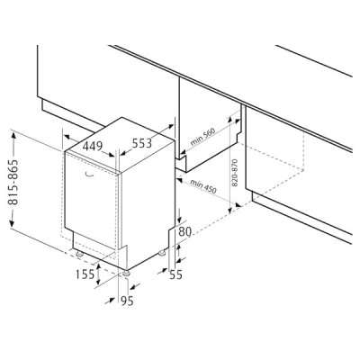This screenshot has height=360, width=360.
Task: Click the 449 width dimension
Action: point(93,147)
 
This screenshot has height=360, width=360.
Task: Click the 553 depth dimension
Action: point(142,144)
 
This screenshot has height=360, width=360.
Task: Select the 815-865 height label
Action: point(13,182)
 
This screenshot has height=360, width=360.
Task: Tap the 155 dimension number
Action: point(85,274)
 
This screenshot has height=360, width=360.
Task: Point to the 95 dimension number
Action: point(127,301)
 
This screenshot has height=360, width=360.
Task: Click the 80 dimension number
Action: point(185,231)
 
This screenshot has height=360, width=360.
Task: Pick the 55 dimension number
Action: point(175,274)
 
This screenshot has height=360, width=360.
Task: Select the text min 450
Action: point(202,186)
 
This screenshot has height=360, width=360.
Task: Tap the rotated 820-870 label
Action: point(235,173)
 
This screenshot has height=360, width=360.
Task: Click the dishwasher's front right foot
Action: point(126,274)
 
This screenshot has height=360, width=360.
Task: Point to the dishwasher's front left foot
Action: point(80,255)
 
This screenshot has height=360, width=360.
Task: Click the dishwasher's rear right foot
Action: point(162,253)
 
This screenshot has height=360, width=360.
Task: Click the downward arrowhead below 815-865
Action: point(12,223)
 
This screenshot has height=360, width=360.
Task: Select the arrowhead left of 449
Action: point(67,138)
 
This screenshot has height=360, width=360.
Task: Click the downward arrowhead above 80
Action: point(179,219)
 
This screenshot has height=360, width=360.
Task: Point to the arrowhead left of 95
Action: point(111,301)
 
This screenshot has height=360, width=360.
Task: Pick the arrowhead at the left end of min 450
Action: point(180,180)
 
